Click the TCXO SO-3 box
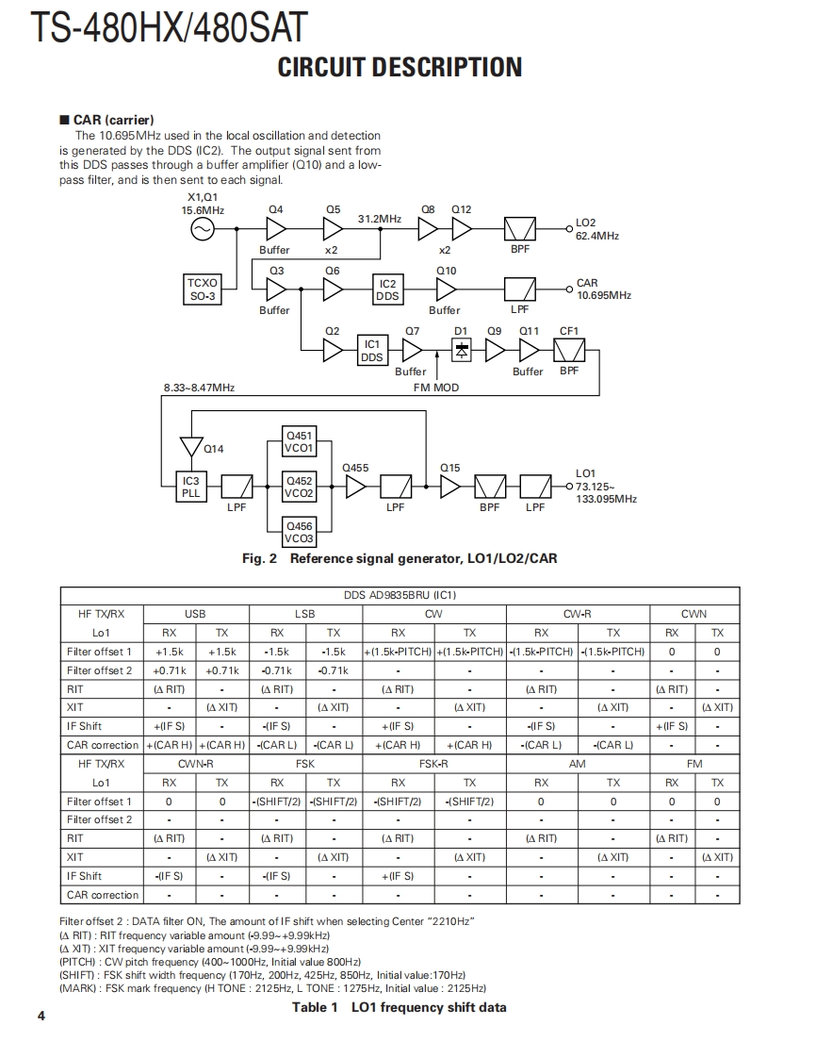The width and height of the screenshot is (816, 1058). tap(203, 289)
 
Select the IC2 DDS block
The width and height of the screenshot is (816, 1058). tap(387, 289)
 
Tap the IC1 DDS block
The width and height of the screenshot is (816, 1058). tap(372, 351)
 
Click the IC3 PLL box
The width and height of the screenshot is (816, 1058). tap(191, 487)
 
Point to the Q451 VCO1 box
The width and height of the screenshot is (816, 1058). tap(300, 442)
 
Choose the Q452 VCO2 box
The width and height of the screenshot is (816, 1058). tap(300, 487)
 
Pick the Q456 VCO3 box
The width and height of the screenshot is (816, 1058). tap(300, 532)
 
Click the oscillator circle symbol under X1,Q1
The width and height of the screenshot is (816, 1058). tap(203, 229)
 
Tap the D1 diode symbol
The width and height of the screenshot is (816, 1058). tap(462, 350)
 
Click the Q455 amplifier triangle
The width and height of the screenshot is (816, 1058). tap(355, 487)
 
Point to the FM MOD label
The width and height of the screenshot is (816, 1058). tap(436, 387)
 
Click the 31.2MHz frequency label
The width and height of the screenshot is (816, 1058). tap(380, 218)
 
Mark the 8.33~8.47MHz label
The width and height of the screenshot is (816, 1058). tap(199, 387)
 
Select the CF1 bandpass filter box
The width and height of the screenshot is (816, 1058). tap(569, 351)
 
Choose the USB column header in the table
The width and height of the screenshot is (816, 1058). tap(195, 614)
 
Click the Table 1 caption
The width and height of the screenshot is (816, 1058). tap(399, 1007)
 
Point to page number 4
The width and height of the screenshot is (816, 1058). tap(41, 1016)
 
